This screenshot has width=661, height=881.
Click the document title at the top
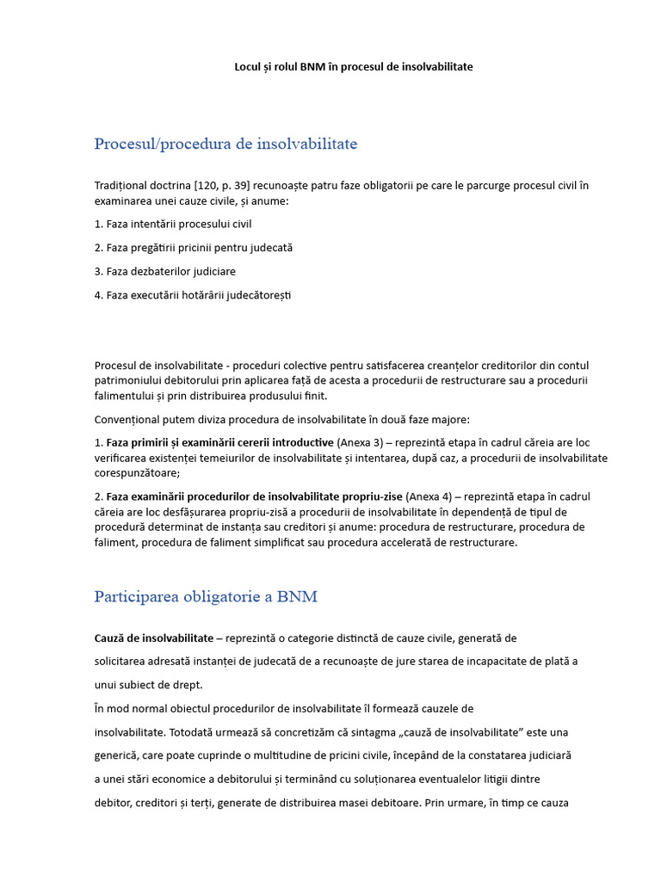(354, 66)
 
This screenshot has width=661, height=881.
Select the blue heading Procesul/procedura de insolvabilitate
(225, 144)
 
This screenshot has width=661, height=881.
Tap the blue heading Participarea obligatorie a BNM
(206, 596)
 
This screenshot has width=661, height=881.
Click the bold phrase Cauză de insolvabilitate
(154, 638)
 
